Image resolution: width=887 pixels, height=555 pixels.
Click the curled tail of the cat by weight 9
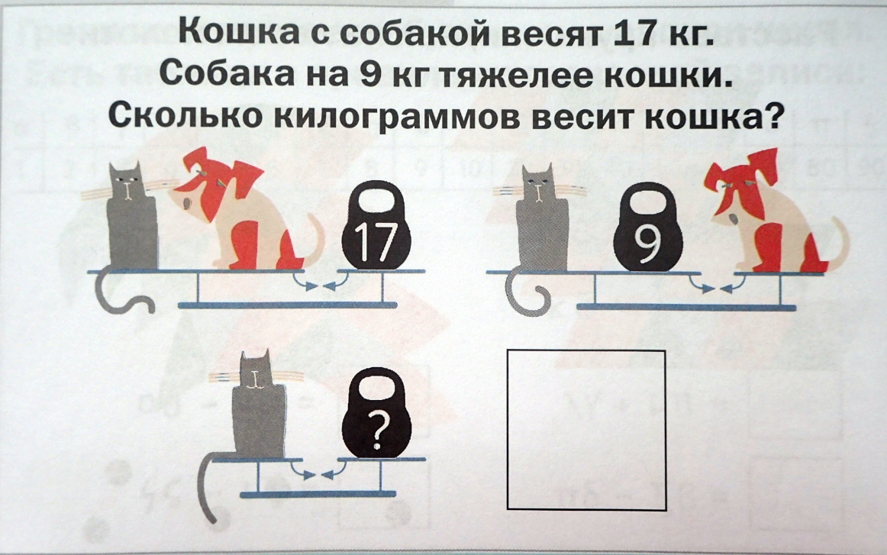529,294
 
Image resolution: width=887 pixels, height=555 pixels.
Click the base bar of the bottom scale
318,495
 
